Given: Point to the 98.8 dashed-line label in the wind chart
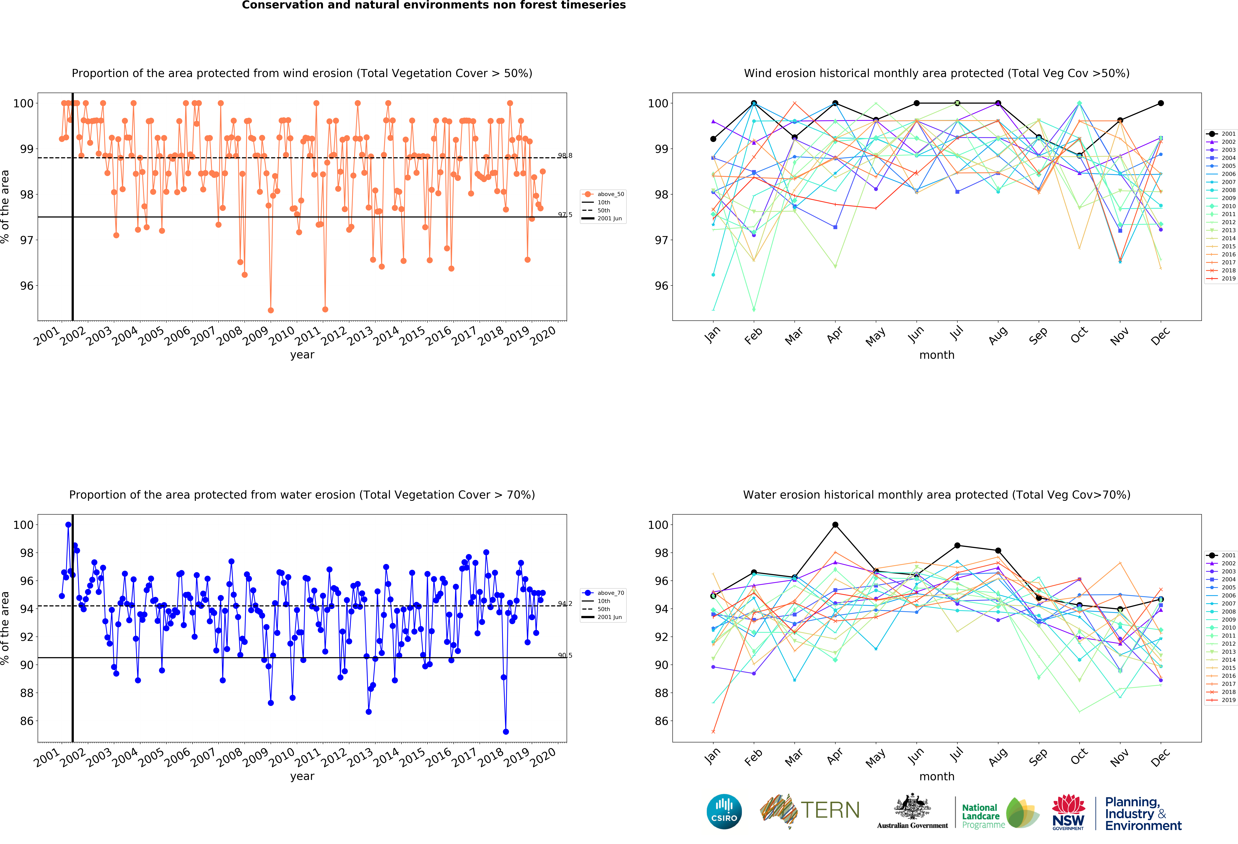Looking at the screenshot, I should (x=565, y=156).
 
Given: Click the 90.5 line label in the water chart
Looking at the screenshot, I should (x=565, y=655).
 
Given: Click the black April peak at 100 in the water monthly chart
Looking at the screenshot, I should (x=835, y=525).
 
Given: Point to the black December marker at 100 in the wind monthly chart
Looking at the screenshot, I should (x=1161, y=103).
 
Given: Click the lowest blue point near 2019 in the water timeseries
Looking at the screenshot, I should (x=505, y=732).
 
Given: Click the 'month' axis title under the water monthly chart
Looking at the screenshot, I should (x=936, y=776).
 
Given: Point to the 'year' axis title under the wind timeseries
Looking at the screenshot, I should (x=302, y=355).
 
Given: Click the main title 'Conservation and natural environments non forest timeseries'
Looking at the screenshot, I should (x=434, y=5).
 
